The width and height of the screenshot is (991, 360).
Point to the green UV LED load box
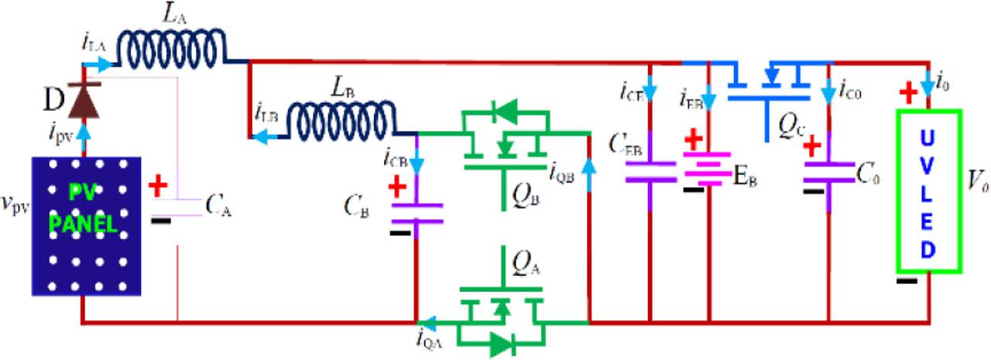[928, 190]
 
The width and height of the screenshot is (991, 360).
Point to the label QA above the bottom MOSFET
[521, 268]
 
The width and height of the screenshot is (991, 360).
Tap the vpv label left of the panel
[15, 186]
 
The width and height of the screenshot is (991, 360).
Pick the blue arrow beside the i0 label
[930, 81]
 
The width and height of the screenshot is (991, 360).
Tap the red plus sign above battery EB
[694, 142]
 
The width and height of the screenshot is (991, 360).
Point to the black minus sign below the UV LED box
[907, 280]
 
